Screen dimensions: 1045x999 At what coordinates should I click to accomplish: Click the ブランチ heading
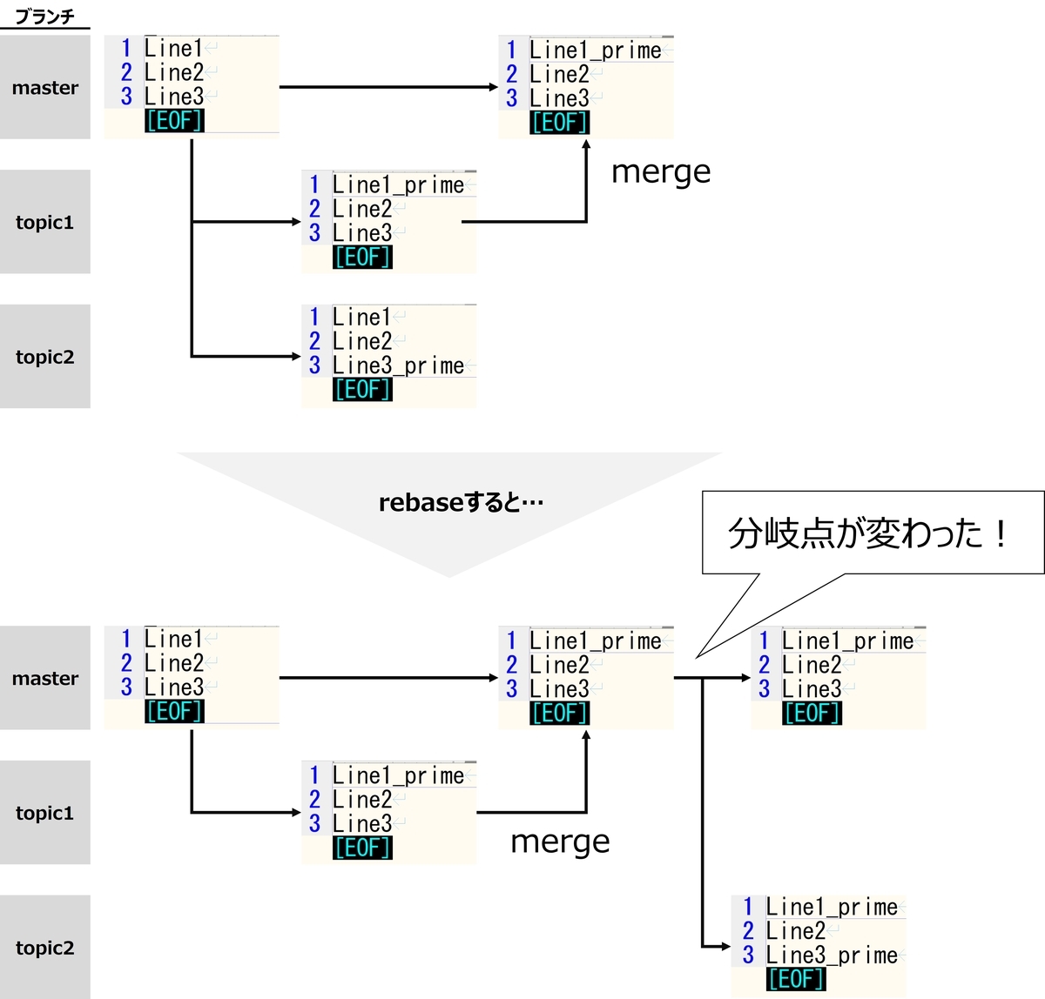pyautogui.click(x=45, y=17)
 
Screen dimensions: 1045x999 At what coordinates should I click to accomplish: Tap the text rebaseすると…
pyautogui.click(x=461, y=503)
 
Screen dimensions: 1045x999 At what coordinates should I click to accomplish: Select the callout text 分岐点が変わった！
pyautogui.click(x=868, y=533)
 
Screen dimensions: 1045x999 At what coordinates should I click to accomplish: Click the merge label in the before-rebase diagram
pyautogui.click(x=660, y=171)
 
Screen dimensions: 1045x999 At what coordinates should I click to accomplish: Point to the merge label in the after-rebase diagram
pyautogui.click(x=560, y=841)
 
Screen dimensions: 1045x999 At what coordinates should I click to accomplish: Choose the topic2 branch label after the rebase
pyautogui.click(x=45, y=948)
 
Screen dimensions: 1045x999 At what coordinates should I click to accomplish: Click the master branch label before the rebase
pyautogui.click(x=45, y=87)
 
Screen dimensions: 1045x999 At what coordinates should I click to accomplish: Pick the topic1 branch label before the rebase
pyautogui.click(x=44, y=222)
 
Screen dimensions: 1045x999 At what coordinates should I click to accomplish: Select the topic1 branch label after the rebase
pyautogui.click(x=44, y=813)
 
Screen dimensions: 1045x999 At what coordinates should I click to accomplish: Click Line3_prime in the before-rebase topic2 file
pyautogui.click(x=398, y=365)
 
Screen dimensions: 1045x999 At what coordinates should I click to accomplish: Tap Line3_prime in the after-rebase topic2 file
pyautogui.click(x=832, y=955)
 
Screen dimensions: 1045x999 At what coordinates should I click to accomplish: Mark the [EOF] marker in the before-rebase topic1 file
pyautogui.click(x=362, y=257)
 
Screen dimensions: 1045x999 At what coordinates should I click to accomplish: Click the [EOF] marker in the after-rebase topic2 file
pyautogui.click(x=796, y=979)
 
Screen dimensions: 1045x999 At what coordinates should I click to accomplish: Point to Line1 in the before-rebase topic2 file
pyautogui.click(x=361, y=318)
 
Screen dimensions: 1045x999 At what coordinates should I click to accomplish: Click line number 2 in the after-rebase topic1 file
pyautogui.click(x=314, y=800)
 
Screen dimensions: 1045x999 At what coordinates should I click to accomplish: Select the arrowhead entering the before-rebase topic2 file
pyautogui.click(x=296, y=356)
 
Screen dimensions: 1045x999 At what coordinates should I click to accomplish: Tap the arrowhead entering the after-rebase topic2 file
pyautogui.click(x=725, y=947)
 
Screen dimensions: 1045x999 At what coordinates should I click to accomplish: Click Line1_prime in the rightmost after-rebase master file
pyautogui.click(x=847, y=641)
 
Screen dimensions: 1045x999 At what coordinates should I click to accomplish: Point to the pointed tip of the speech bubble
pyautogui.click(x=697, y=658)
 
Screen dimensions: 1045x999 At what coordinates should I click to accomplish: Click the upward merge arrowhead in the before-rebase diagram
pyautogui.click(x=586, y=144)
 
